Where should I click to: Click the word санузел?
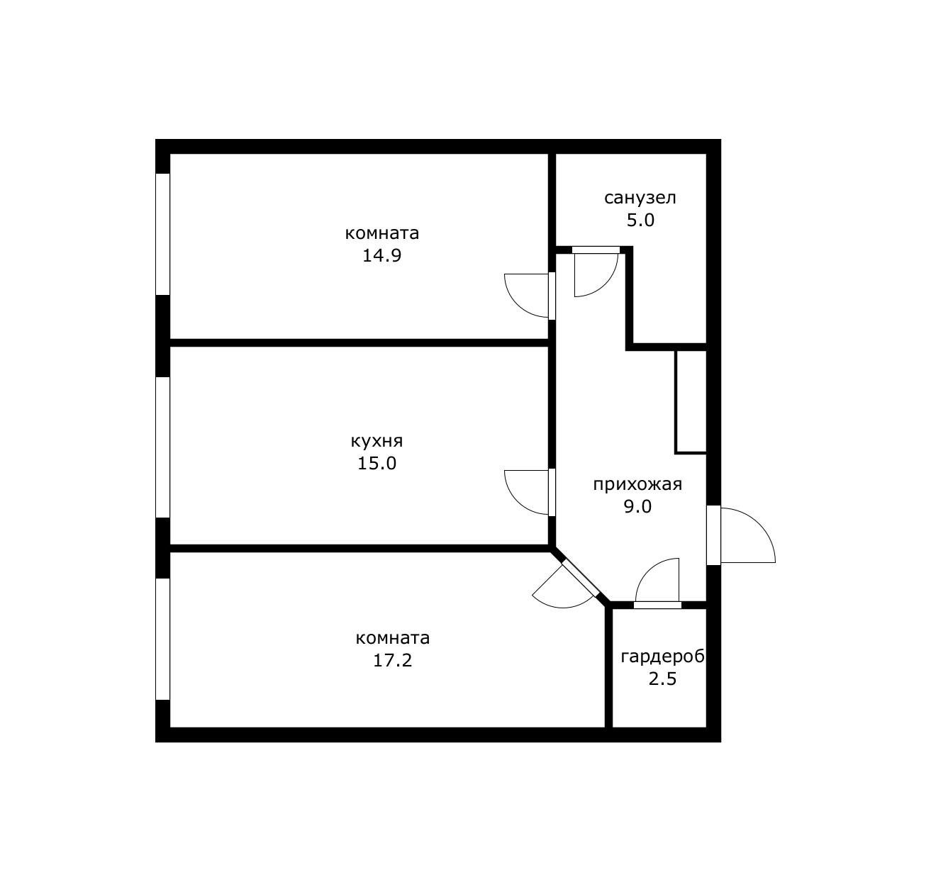[640, 198]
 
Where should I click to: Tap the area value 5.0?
[640, 220]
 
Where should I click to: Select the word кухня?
[377, 442]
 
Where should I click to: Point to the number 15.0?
[377, 463]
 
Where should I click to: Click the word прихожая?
[637, 484]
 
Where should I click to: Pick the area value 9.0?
[637, 507]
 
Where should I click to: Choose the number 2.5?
[662, 679]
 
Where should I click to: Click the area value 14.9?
[381, 256]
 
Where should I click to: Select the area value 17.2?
[393, 660]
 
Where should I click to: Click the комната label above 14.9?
[381, 233]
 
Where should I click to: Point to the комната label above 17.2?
[393, 638]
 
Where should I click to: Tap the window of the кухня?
[163, 447]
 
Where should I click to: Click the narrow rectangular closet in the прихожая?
[691, 402]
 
